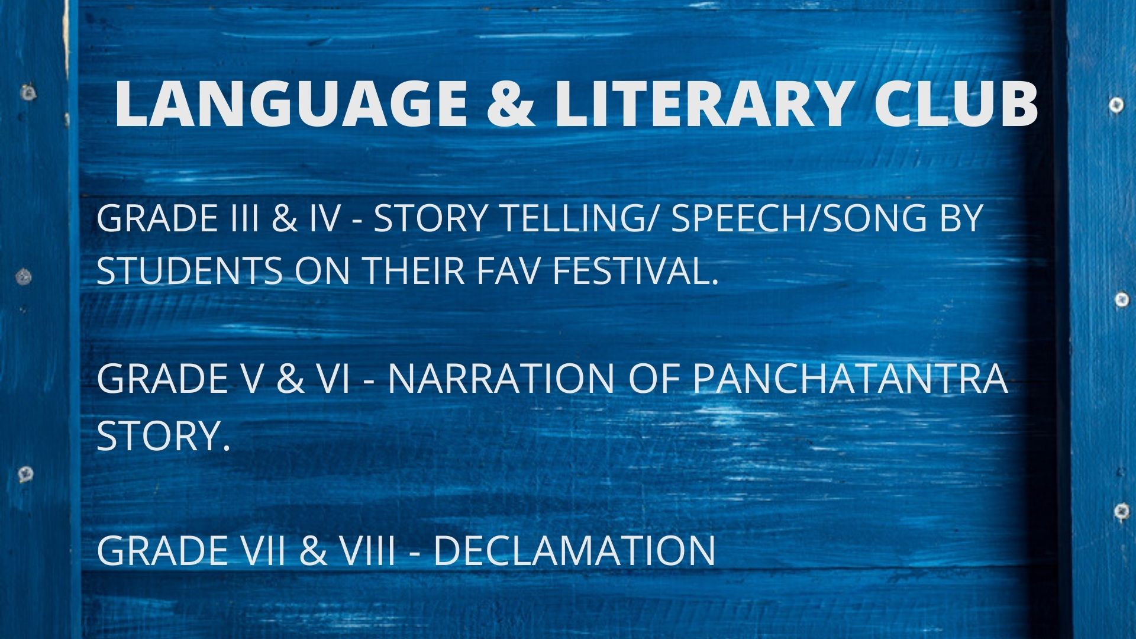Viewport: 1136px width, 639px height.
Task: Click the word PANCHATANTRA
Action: coord(850,379)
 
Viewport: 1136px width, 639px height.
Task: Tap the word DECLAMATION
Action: coord(574,550)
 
